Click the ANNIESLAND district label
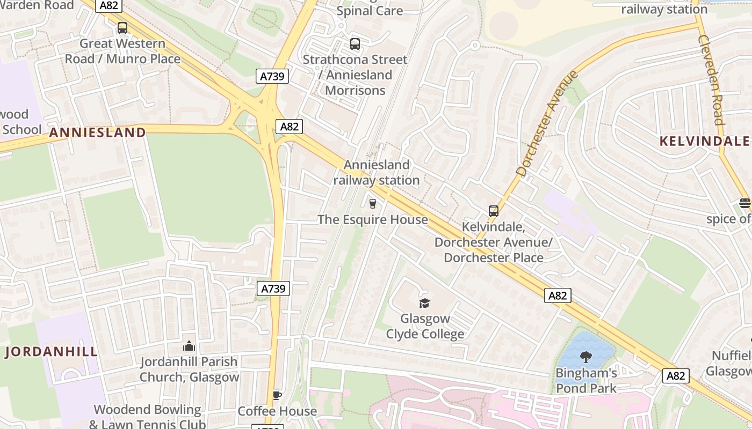[97, 132]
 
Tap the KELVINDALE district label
[704, 141]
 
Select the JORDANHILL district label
[52, 352]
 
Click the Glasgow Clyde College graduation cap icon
[425, 303]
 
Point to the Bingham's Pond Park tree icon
[586, 357]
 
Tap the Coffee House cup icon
[277, 396]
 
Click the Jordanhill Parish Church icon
[189, 346]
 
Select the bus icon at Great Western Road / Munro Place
[122, 28]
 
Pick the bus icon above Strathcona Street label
[355, 44]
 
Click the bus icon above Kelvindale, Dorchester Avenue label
[494, 211]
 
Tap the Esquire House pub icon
[372, 204]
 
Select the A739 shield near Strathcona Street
[272, 76]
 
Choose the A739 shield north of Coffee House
[274, 289]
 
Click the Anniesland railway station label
[376, 173]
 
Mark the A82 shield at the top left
[109, 6]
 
